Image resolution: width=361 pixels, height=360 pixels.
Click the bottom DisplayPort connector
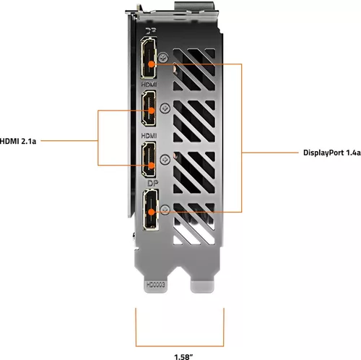151,210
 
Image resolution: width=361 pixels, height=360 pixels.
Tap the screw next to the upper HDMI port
168,108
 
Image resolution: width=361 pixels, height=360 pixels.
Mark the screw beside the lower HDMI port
168,156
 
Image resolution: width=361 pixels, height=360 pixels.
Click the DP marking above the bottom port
152,184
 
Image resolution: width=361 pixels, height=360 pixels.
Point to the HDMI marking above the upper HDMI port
150,86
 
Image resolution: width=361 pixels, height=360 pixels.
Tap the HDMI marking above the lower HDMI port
150,136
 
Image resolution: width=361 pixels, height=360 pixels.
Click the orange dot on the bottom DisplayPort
151,212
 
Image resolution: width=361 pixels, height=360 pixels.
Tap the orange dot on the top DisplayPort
151,63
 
